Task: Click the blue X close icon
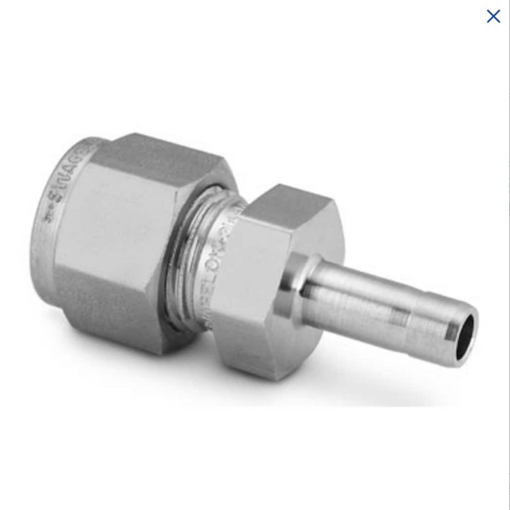(x=493, y=16)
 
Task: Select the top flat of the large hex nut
(x=156, y=153)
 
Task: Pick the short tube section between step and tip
(x=432, y=326)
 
